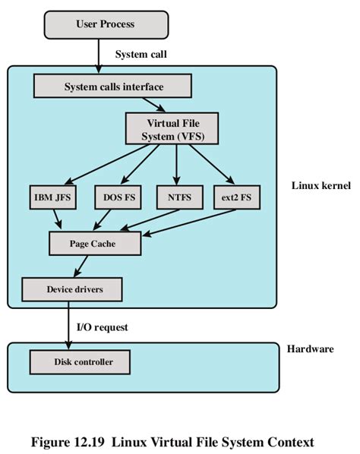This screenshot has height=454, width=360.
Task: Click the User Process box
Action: [105, 24]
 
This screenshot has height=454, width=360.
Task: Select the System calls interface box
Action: [113, 87]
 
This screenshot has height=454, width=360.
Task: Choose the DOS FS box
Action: [118, 198]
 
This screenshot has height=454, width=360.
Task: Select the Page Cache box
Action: [94, 243]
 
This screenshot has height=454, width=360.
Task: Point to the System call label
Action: [141, 55]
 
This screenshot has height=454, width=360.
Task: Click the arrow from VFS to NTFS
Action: [177, 165]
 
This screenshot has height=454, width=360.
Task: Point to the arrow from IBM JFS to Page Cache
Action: [57, 219]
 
